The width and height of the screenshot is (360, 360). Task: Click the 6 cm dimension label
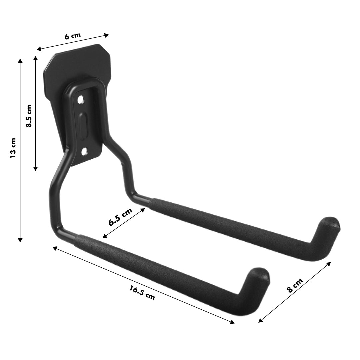72,36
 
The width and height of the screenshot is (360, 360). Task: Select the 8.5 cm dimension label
29,116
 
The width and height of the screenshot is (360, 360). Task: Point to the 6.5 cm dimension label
120,217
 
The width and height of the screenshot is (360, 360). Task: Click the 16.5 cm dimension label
142,292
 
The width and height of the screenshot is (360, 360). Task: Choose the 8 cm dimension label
295,286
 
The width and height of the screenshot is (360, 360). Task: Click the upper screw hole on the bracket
80,99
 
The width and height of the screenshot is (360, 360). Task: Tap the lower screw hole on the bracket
85,152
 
